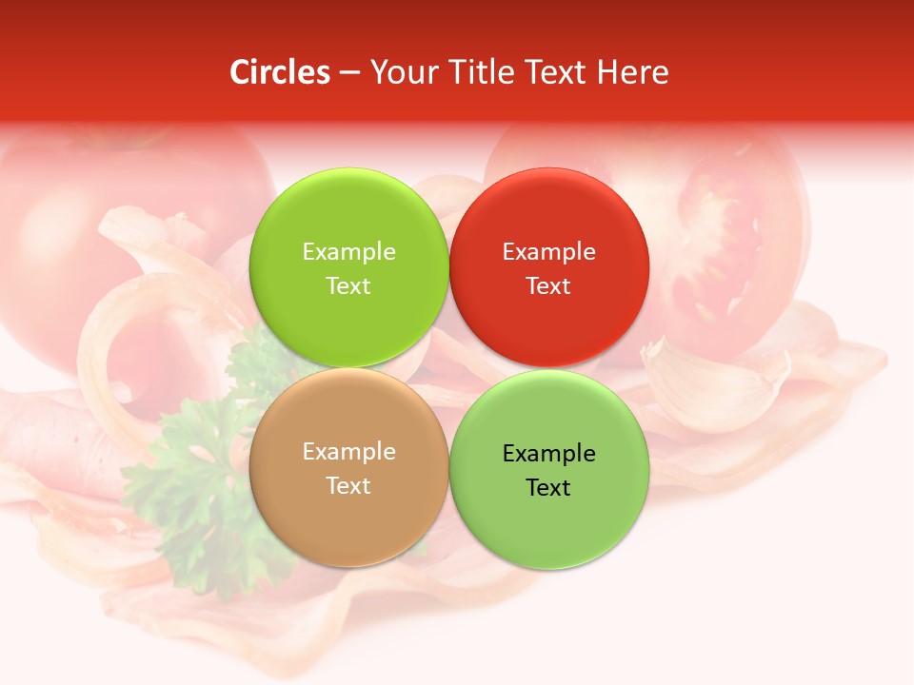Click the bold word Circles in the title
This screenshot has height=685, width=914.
(279, 72)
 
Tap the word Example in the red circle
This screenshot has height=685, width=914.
(548, 251)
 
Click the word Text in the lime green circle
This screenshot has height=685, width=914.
(348, 285)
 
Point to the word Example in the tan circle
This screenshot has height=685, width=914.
(348, 451)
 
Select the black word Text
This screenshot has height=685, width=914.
(548, 487)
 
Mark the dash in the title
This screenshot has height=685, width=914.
(349, 73)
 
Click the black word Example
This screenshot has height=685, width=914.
(548, 453)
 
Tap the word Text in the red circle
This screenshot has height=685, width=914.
(548, 285)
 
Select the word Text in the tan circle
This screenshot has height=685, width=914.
(348, 485)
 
